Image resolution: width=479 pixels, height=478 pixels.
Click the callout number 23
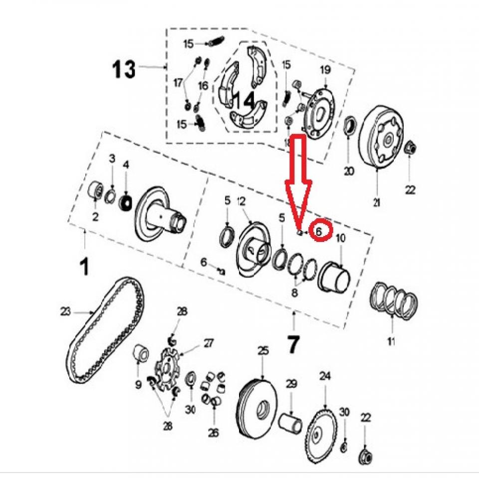click(67, 312)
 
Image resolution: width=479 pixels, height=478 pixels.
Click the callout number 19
click(325, 70)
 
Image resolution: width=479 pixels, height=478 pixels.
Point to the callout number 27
click(207, 343)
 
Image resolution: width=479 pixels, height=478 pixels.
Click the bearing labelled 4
click(126, 203)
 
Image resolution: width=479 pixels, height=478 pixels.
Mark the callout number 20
click(349, 171)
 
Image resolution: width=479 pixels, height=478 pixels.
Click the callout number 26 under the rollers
click(214, 433)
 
